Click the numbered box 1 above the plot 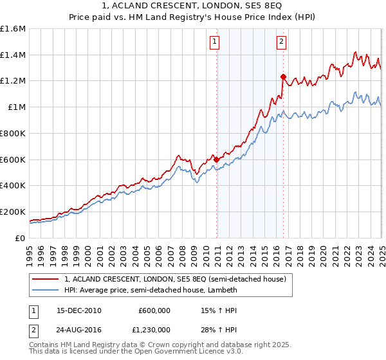(x=214, y=42)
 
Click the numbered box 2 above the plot (x=282, y=42)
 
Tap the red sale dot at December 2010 (x=217, y=159)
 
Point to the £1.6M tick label (x=13, y=29)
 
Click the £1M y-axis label (x=17, y=107)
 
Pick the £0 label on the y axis (x=21, y=238)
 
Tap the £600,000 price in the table (x=154, y=310)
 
